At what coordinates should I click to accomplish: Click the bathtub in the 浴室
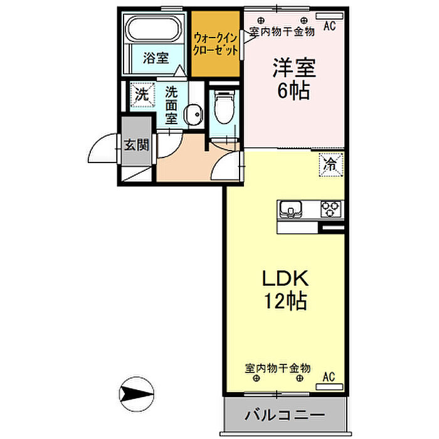[x=153, y=29]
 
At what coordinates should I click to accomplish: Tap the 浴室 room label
[x=156, y=58]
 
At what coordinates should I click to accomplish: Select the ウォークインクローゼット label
[x=216, y=44]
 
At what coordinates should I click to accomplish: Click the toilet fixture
[x=224, y=107]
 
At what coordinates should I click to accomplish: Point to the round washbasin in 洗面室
[x=193, y=114]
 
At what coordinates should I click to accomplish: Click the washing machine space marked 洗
[x=142, y=95]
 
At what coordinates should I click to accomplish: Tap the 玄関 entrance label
[x=136, y=145]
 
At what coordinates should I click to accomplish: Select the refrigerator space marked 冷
[x=331, y=164]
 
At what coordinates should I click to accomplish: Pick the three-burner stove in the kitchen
[x=331, y=209]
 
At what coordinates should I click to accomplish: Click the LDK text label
[x=285, y=278]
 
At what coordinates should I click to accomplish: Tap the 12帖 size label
[x=285, y=300]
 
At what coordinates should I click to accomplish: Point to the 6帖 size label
[x=294, y=90]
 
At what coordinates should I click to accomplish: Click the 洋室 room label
[x=294, y=68]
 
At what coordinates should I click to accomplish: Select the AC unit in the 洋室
[x=329, y=16]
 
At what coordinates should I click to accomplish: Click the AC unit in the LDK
[x=329, y=387]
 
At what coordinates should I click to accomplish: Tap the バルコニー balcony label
[x=285, y=415]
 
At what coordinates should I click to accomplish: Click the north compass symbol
[x=137, y=394]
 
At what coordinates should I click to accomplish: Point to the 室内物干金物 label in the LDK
[x=277, y=368]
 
